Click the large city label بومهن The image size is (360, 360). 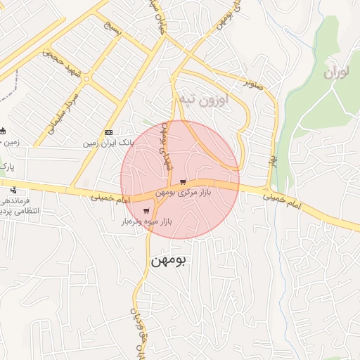click(x=169, y=260)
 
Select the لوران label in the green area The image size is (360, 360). click(x=339, y=72)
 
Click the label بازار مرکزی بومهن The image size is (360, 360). click(x=182, y=191)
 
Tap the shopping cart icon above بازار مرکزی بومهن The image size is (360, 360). click(x=184, y=181)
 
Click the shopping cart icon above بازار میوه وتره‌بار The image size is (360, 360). click(x=146, y=210)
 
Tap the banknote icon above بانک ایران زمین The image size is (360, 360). click(x=108, y=132)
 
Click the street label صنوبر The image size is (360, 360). click(x=254, y=82)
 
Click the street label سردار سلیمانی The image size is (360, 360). click(x=63, y=108)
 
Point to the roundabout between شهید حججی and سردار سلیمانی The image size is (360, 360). click(x=86, y=78)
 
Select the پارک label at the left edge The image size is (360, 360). click(x=7, y=167)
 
